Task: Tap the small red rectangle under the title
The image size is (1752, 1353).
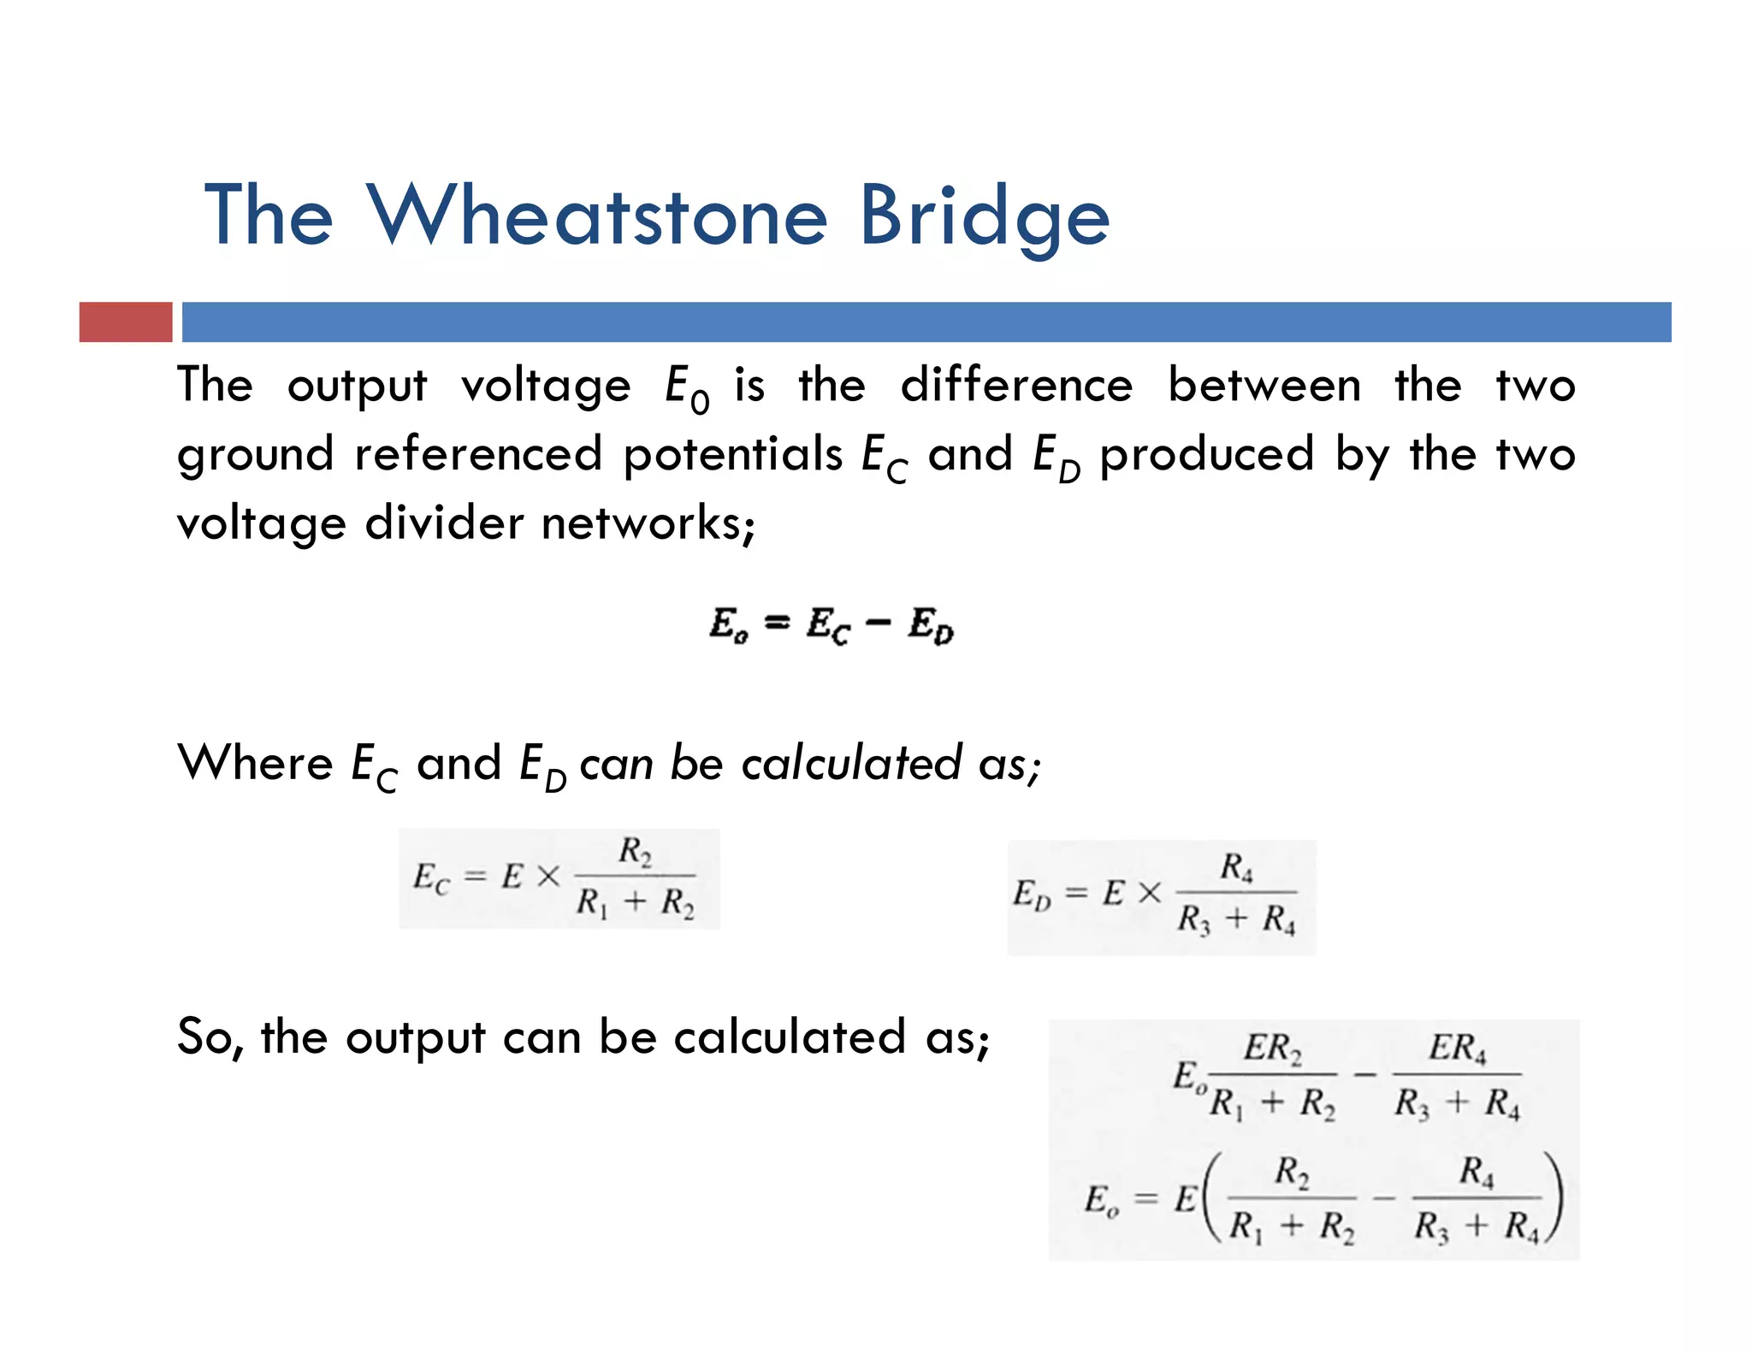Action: [126, 322]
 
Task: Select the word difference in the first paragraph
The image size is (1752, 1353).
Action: [1016, 385]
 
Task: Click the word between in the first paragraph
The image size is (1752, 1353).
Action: [1264, 385]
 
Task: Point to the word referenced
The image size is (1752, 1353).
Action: [478, 453]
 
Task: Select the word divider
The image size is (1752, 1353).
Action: [444, 523]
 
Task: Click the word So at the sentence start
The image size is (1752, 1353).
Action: [204, 1037]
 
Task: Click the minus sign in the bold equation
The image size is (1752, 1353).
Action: [878, 623]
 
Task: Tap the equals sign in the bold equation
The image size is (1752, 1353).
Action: [777, 623]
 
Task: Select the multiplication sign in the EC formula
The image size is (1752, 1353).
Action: [547, 877]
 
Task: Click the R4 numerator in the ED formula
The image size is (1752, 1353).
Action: [1237, 867]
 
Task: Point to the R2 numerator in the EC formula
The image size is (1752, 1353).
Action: [635, 851]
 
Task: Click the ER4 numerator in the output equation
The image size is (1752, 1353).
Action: [1458, 1048]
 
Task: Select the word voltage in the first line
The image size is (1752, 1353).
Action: [546, 387]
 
